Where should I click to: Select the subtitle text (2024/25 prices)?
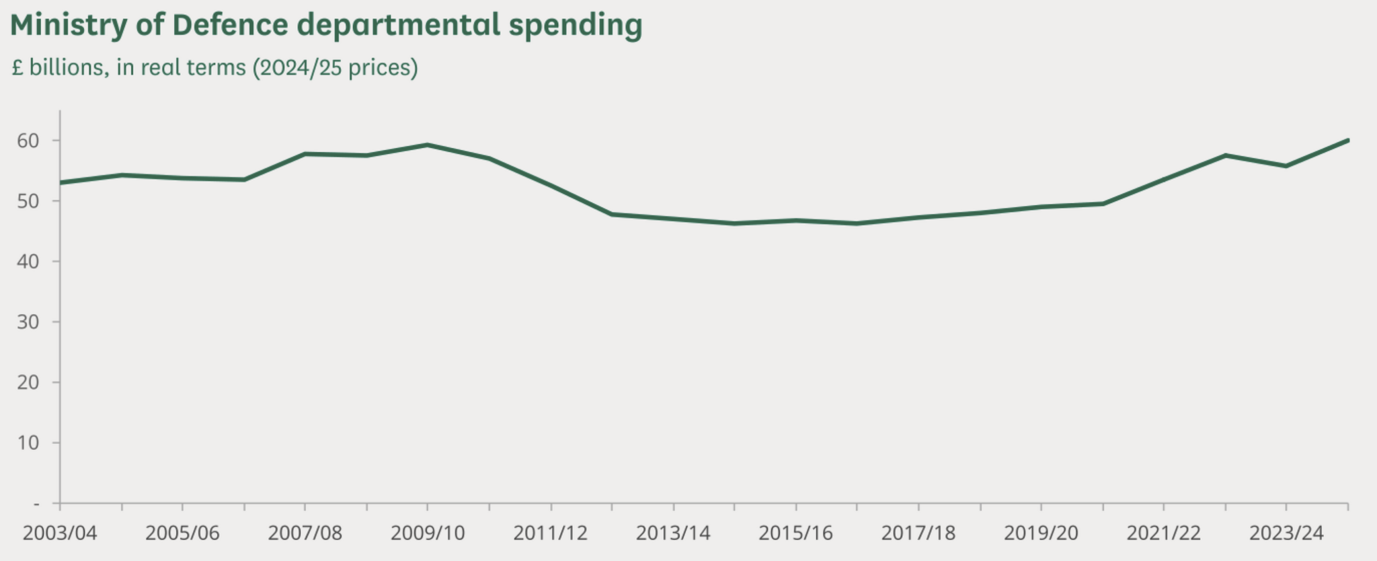tap(335, 68)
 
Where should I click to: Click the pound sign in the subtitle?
tap(17, 68)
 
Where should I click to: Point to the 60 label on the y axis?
tap(28, 141)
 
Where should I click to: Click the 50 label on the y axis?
tap(28, 201)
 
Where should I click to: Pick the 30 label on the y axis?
tap(28, 322)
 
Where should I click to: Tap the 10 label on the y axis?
tap(28, 443)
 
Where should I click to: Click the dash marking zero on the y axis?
tap(36, 503)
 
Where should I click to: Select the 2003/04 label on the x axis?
tap(60, 533)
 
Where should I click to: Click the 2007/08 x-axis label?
tap(305, 533)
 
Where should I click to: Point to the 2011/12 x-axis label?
tap(551, 533)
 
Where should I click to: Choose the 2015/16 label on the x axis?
tap(796, 533)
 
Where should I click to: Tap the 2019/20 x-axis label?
tap(1041, 533)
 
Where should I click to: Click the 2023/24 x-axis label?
tap(1286, 533)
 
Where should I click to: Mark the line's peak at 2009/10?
tap(428, 145)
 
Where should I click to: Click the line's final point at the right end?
tap(1347, 140)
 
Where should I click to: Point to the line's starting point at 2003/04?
tap(61, 182)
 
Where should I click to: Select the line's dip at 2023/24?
tap(1286, 165)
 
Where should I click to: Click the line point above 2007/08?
tap(305, 154)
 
